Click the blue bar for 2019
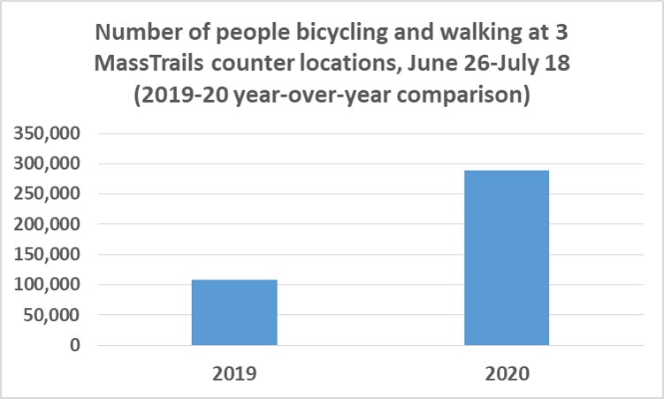pyautogui.click(x=234, y=312)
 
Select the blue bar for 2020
pyautogui.click(x=507, y=257)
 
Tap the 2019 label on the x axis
pyautogui.click(x=234, y=373)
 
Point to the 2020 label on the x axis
pyautogui.click(x=507, y=373)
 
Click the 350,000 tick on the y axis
pyautogui.click(x=47, y=134)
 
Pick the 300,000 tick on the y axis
pyautogui.click(x=47, y=164)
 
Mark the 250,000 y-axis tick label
pyautogui.click(x=47, y=194)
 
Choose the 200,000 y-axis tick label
pyautogui.click(x=47, y=224)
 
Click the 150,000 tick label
pyautogui.click(x=47, y=254)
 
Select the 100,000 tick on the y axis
pyautogui.click(x=47, y=284)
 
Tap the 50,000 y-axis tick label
pyautogui.click(x=51, y=315)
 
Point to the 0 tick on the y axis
pyautogui.click(x=75, y=345)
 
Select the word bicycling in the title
pyautogui.click(x=342, y=33)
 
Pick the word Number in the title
pyautogui.click(x=138, y=32)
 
